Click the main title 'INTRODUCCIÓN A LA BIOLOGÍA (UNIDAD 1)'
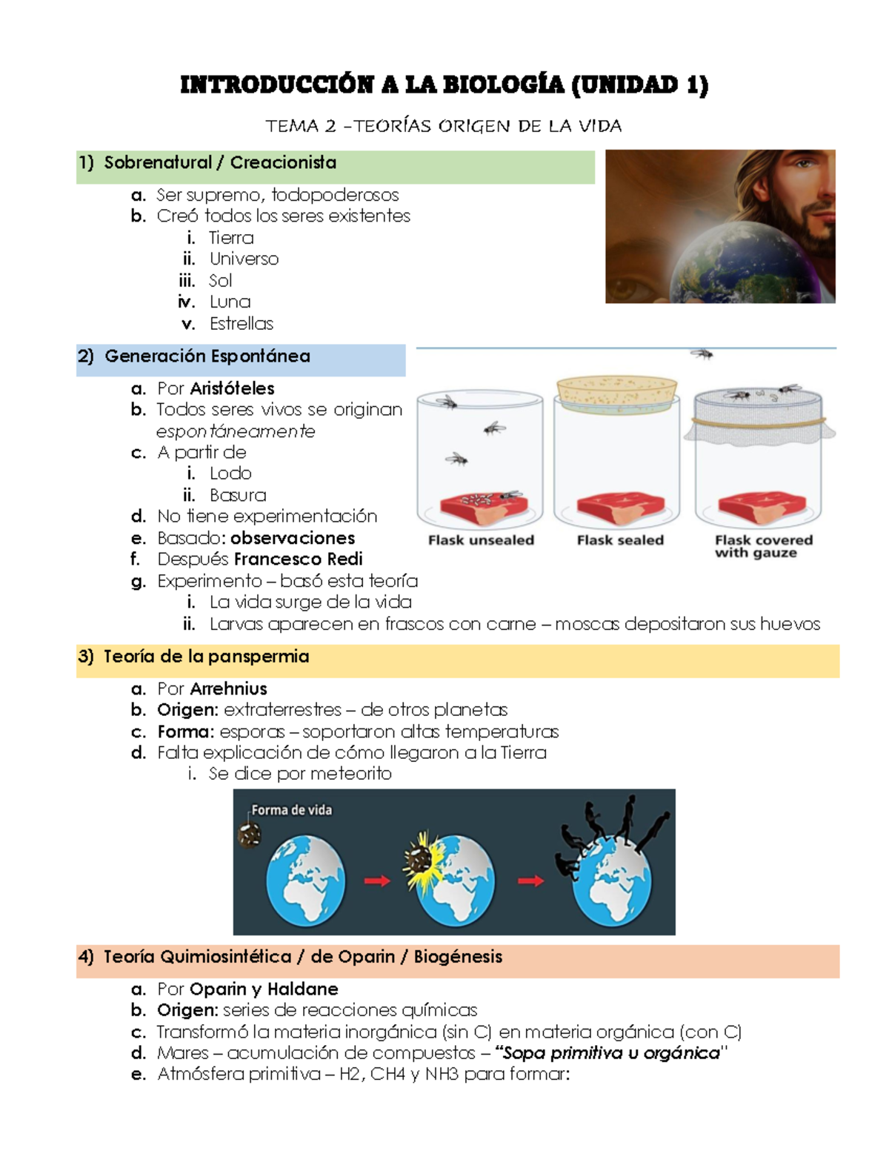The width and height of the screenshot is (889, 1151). pos(444,85)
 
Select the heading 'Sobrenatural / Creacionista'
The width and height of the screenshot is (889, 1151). pos(220,163)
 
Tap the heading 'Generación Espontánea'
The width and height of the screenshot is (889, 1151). pos(207,356)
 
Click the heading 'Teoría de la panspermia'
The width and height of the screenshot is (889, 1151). pos(206,657)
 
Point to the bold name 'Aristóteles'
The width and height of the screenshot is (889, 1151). pos(232,388)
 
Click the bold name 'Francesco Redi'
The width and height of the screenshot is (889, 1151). pos(298,559)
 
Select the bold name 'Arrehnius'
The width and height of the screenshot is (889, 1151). pos(228,689)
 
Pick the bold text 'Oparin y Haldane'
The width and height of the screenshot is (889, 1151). pos(264,989)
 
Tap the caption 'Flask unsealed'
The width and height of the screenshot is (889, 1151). pos(481,540)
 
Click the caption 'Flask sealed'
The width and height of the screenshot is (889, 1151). pos(620,540)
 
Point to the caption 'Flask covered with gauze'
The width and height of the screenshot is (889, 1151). pos(763,546)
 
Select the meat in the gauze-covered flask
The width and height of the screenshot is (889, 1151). pos(760,507)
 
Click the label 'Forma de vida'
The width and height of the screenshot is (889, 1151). pos(292,810)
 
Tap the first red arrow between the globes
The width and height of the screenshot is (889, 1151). pos(377,880)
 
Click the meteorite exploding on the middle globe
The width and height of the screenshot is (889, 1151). pos(419,861)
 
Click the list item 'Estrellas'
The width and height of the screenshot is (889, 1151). pos(242,324)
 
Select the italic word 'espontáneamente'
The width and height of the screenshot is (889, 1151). pos(236,431)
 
